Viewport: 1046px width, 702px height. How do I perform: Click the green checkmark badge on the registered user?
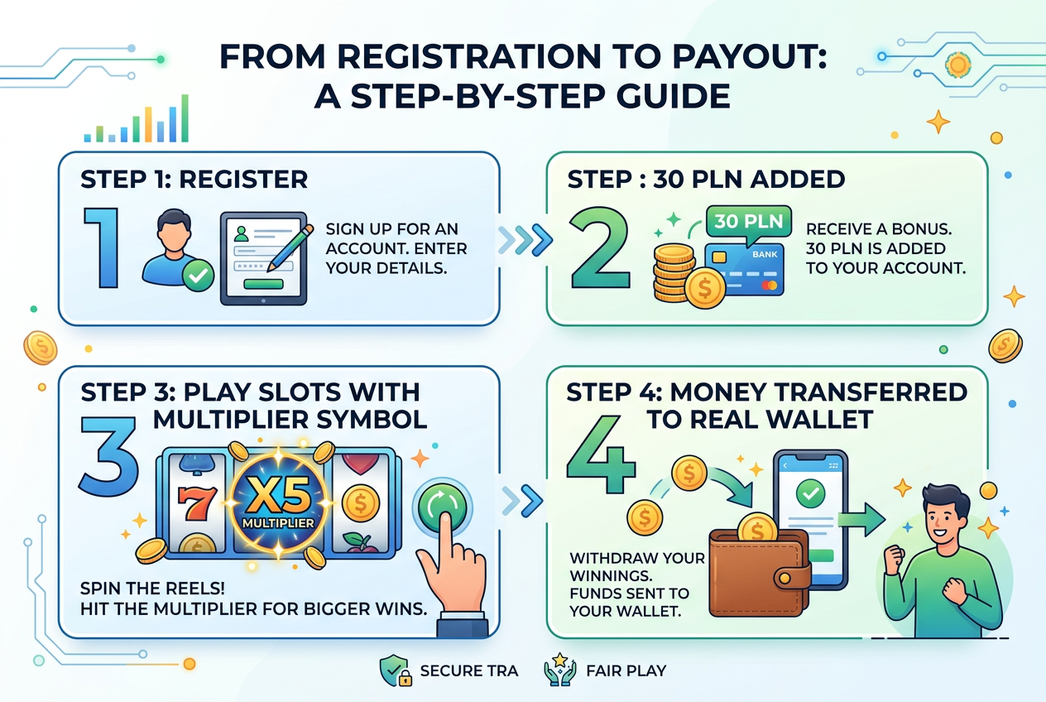click(198, 276)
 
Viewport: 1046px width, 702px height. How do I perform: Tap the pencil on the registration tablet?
click(290, 248)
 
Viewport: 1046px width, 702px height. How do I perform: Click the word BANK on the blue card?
click(765, 254)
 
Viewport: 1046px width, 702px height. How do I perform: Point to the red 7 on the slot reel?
click(197, 503)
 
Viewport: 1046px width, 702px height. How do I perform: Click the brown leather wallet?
click(760, 573)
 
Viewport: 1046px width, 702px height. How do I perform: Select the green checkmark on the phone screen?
click(810, 493)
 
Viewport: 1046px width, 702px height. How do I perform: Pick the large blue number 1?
click(102, 248)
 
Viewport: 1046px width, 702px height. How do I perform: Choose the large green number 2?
click(600, 248)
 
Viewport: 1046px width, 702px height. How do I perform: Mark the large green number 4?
click(602, 455)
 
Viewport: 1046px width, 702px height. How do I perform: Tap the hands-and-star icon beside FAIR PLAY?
click(560, 670)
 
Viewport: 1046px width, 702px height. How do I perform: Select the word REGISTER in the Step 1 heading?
click(243, 180)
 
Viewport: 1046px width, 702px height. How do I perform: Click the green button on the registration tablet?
click(263, 284)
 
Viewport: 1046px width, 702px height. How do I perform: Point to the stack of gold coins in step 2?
click(674, 273)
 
